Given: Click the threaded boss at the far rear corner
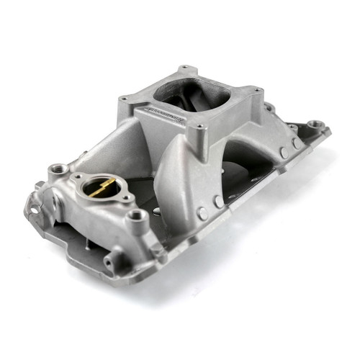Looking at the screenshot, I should [x=315, y=125].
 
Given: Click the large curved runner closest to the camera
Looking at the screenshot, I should [x=180, y=180].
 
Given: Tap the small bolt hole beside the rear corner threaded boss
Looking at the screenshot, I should [x=294, y=128].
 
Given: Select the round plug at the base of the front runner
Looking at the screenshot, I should [x=203, y=213].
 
